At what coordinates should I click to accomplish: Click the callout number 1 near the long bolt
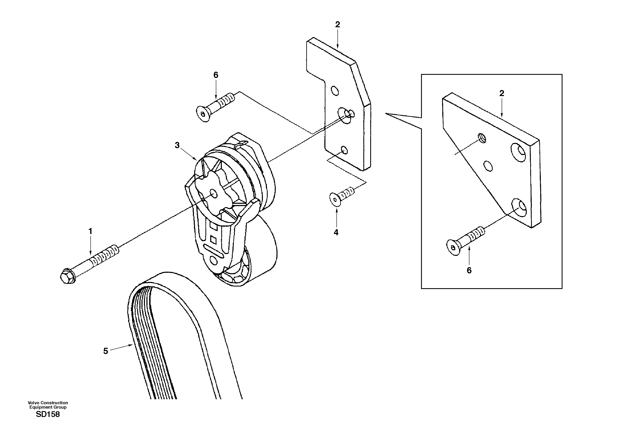(x=90, y=232)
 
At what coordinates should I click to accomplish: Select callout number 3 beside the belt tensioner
(x=177, y=145)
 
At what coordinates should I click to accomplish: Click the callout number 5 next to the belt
(x=106, y=351)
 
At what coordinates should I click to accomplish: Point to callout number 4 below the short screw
(x=336, y=233)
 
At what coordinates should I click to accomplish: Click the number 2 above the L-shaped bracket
(x=337, y=25)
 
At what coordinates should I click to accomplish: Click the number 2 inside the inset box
(x=502, y=93)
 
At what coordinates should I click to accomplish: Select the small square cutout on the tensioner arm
(x=213, y=239)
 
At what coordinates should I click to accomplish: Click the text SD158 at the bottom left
(x=48, y=414)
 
